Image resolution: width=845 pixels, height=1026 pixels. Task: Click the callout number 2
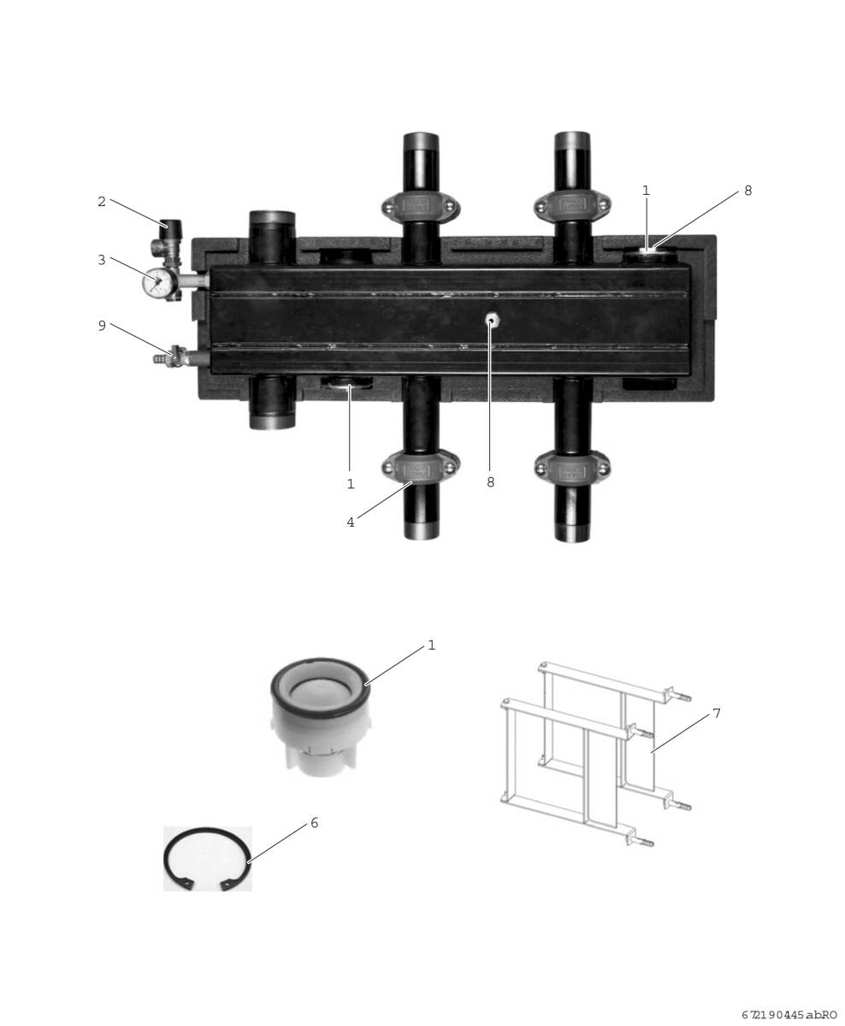pos(101,202)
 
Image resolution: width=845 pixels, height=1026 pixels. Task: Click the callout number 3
pos(101,260)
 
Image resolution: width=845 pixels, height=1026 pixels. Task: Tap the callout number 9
pos(101,326)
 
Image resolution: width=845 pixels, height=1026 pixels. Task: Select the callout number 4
pos(351,522)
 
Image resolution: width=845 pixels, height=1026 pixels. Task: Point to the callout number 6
pos(315,823)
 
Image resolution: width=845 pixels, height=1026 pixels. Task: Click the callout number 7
pos(717,713)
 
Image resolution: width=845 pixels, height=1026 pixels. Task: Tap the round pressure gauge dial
pos(157,283)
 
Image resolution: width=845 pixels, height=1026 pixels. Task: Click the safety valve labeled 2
pos(168,239)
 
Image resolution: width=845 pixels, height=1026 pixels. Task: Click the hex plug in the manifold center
pos(491,320)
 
